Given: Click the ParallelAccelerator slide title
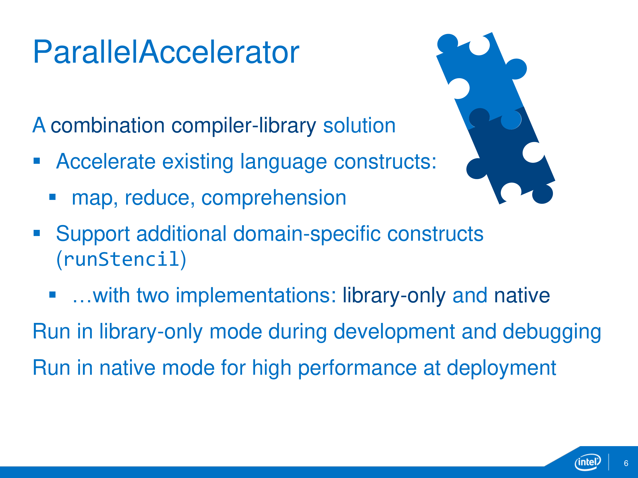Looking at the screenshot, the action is pyautogui.click(x=166, y=52).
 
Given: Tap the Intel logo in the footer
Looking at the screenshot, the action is pyautogui.click(x=588, y=462).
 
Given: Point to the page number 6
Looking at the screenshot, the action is pyautogui.click(x=626, y=463).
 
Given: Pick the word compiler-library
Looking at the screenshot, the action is pyautogui.click(x=244, y=126).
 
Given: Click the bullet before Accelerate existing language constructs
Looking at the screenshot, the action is pyautogui.click(x=37, y=161).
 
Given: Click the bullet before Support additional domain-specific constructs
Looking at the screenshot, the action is pyautogui.click(x=37, y=233).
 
